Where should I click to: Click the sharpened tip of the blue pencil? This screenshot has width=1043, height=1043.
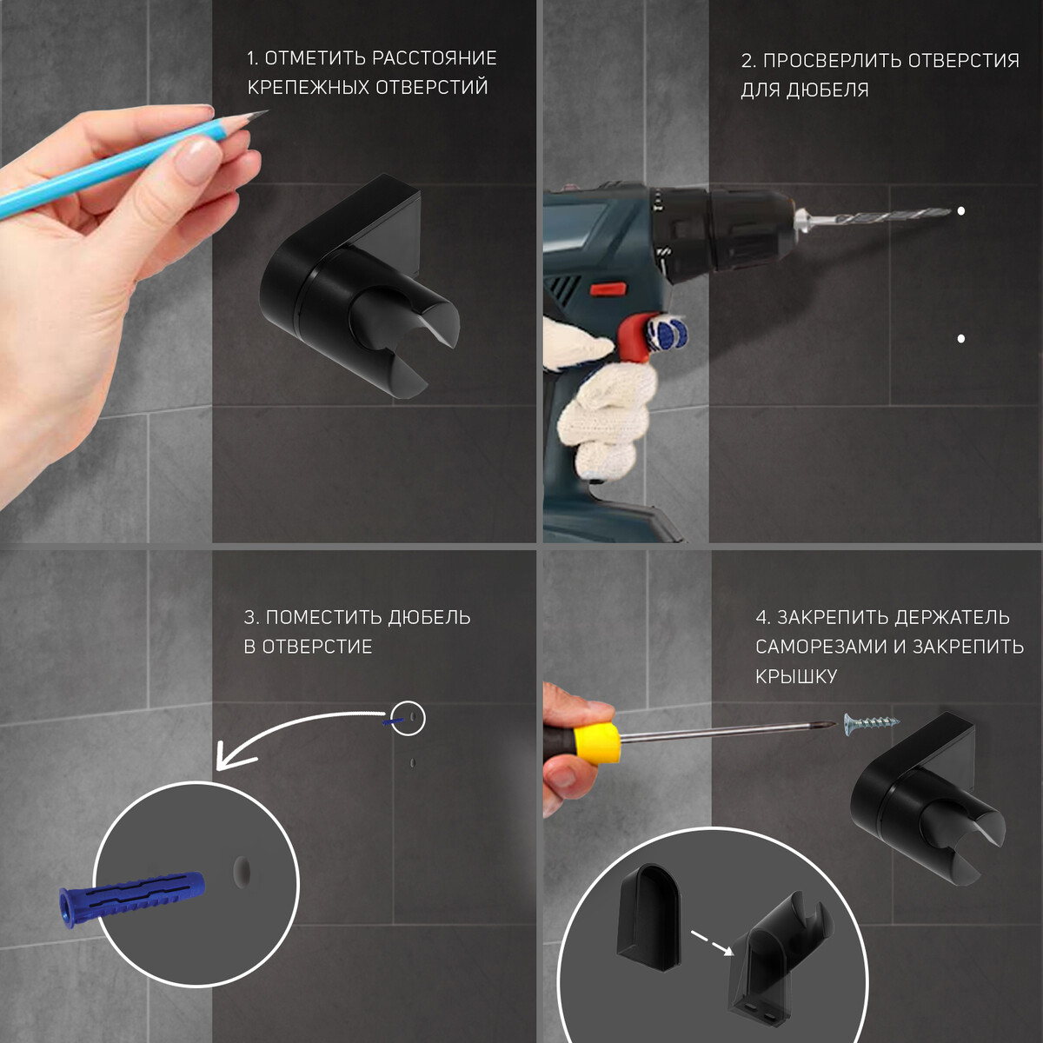click(267, 111)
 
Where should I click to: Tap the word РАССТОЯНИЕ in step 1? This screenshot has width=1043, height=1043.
click(435, 58)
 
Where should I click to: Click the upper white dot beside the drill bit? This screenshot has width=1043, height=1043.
click(961, 211)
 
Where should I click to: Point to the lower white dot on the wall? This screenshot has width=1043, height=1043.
click(961, 339)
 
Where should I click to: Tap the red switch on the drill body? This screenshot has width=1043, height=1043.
click(608, 290)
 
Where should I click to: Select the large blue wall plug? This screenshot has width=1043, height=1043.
click(133, 901)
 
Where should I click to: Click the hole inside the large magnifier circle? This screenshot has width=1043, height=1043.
click(242, 870)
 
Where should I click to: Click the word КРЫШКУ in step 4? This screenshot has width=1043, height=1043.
click(796, 676)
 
